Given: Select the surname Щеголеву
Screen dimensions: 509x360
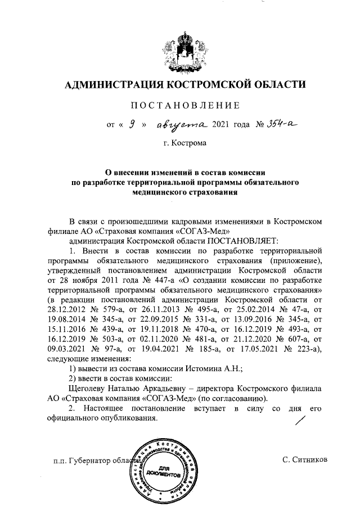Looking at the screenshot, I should tap(92, 389).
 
